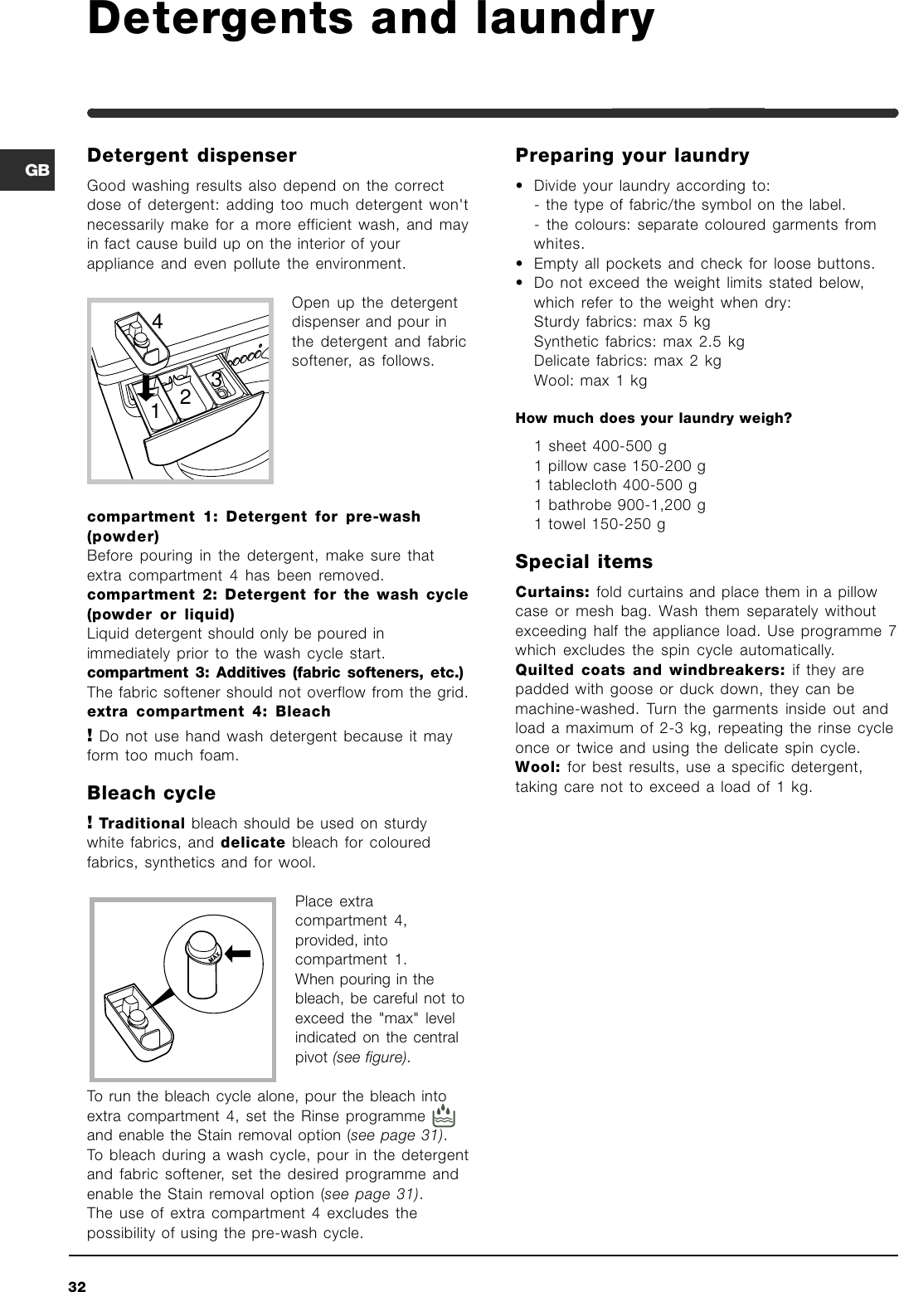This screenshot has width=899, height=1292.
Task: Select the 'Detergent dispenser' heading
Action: click(x=192, y=155)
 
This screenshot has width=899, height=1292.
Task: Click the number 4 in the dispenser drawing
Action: click(x=157, y=321)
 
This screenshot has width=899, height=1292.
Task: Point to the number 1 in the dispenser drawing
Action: click(x=155, y=410)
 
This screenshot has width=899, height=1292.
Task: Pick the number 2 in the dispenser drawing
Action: click(x=185, y=397)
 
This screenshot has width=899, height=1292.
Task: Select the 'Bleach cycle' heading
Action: click(x=151, y=793)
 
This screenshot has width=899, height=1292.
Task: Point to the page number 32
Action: click(x=77, y=1286)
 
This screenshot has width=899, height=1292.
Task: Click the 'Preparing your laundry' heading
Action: click(x=632, y=155)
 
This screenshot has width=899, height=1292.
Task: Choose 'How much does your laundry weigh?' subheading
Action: click(x=654, y=418)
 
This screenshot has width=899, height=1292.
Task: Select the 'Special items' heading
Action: click(x=584, y=561)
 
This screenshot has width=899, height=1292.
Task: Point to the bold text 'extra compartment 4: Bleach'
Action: click(x=209, y=712)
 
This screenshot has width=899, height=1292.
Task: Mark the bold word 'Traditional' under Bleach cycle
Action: click(x=142, y=823)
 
